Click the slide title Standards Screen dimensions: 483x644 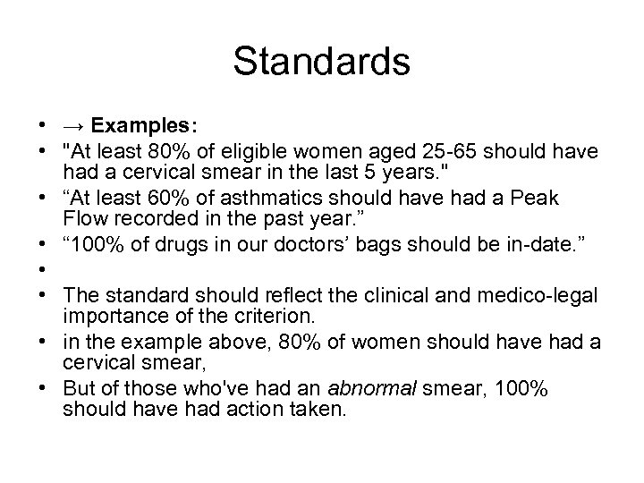point(321,62)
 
